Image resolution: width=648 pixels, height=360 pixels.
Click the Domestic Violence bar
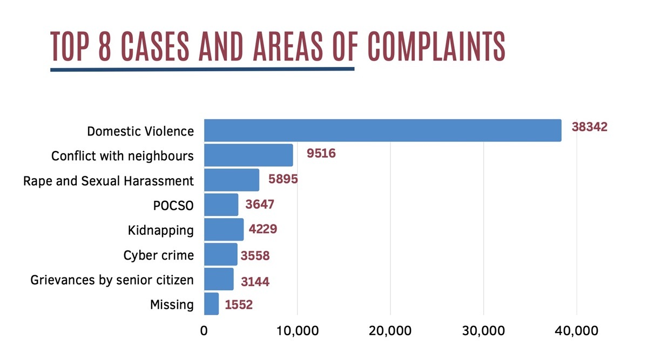pos(382,130)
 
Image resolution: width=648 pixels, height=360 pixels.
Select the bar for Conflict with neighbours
pos(248,155)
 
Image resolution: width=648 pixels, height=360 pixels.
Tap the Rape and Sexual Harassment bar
pos(232,180)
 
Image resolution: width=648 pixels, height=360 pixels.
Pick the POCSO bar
pos(221,205)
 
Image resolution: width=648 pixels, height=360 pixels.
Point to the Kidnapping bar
pos(224,229)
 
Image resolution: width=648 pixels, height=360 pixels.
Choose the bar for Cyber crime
pos(220,254)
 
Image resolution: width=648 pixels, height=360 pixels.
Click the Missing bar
pos(211,304)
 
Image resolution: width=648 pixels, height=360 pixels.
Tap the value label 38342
pos(590,128)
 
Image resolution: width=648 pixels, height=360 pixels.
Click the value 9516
pos(321,153)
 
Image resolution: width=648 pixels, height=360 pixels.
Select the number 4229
pos(263,229)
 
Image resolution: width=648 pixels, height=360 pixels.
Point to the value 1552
pos(239,305)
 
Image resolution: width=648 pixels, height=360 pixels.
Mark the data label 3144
pos(255,281)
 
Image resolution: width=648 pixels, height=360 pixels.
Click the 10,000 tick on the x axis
pos(297,330)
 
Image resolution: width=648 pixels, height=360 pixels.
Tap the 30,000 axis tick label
pos(483,330)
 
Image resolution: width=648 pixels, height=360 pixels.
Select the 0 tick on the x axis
pos(204,330)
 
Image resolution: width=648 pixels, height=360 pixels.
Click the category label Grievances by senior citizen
pos(112,280)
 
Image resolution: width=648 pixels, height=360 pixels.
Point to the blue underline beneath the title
pos(202,69)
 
